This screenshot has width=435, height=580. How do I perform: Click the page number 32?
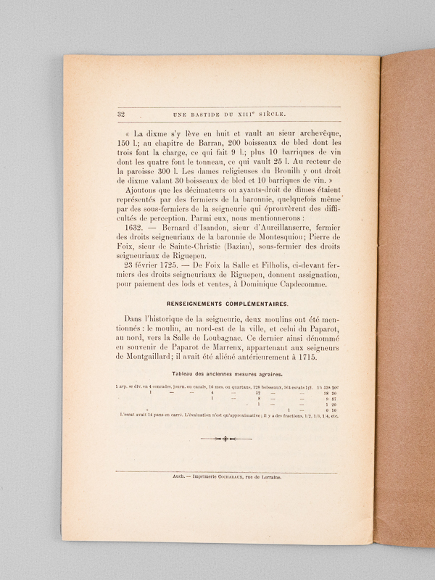pyautogui.click(x=120, y=114)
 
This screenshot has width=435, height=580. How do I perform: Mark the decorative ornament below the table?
pyautogui.click(x=226, y=439)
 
